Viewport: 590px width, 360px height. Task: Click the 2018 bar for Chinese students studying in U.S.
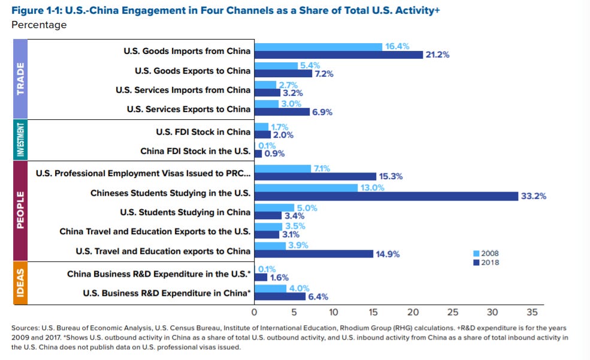386,196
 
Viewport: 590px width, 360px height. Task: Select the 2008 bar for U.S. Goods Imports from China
318,47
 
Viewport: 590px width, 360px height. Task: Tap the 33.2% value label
533,196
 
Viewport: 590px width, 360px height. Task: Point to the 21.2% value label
437,55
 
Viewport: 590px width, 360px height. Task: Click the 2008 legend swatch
476,253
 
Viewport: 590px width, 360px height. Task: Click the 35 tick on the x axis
532,312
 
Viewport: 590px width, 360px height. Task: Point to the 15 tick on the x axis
373,312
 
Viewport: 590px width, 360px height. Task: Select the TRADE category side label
20,79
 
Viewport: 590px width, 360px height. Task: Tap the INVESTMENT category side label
20,140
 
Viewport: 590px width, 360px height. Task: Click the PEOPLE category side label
20,210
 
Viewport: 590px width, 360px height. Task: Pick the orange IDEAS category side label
20,283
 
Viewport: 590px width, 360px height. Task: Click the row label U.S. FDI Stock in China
203,132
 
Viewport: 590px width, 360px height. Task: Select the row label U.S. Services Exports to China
189,109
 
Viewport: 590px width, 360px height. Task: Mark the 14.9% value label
388,254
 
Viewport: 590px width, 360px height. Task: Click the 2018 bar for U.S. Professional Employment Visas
315,177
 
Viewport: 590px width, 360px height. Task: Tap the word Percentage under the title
39,25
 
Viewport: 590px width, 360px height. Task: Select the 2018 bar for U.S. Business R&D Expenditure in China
280,297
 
